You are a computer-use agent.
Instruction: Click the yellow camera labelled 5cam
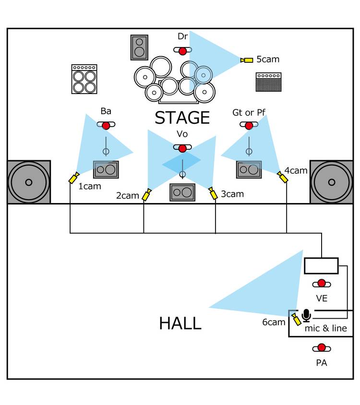pos(247,60)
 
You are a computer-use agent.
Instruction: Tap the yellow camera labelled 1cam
pos(74,178)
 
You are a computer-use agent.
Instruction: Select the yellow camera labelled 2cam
pos(147,194)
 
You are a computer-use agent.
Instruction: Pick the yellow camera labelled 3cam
pos(213,194)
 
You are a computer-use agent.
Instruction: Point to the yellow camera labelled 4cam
pos(283,177)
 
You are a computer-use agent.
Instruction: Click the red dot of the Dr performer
pos(182,50)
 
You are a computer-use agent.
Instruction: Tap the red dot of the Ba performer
pos(106,125)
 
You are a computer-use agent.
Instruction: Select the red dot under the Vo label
pos(182,148)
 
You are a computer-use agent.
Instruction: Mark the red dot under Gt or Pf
pos(249,125)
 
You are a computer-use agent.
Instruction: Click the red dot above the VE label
pos(321,283)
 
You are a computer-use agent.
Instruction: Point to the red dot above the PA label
pos(321,348)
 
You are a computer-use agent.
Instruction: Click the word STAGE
pos(182,118)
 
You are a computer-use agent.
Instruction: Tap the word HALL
pos(180,323)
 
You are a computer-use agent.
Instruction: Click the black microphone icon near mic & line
pos(307,315)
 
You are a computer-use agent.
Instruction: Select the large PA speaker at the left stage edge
pos(28,182)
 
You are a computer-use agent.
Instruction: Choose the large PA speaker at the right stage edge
pos(331,182)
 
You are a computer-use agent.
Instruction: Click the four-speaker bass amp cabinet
pos(84,79)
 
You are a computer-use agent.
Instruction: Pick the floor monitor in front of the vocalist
pos(182,192)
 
